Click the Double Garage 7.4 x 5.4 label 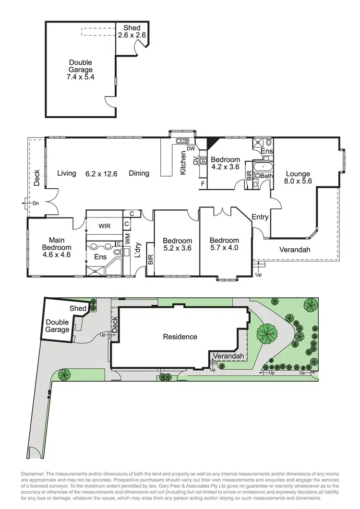[x=80, y=70]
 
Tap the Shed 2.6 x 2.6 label [x=132, y=32]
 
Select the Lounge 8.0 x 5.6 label [x=298, y=178]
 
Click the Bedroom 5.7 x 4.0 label [x=224, y=244]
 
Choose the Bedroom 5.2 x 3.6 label [x=177, y=244]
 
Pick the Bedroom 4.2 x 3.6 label [x=225, y=163]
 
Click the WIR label [x=105, y=225]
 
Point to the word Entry [x=260, y=217]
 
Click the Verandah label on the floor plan [x=295, y=250]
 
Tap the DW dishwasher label [x=191, y=148]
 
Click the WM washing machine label [x=128, y=238]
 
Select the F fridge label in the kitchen [x=203, y=183]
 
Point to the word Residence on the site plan [x=180, y=337]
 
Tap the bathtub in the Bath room [x=263, y=167]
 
